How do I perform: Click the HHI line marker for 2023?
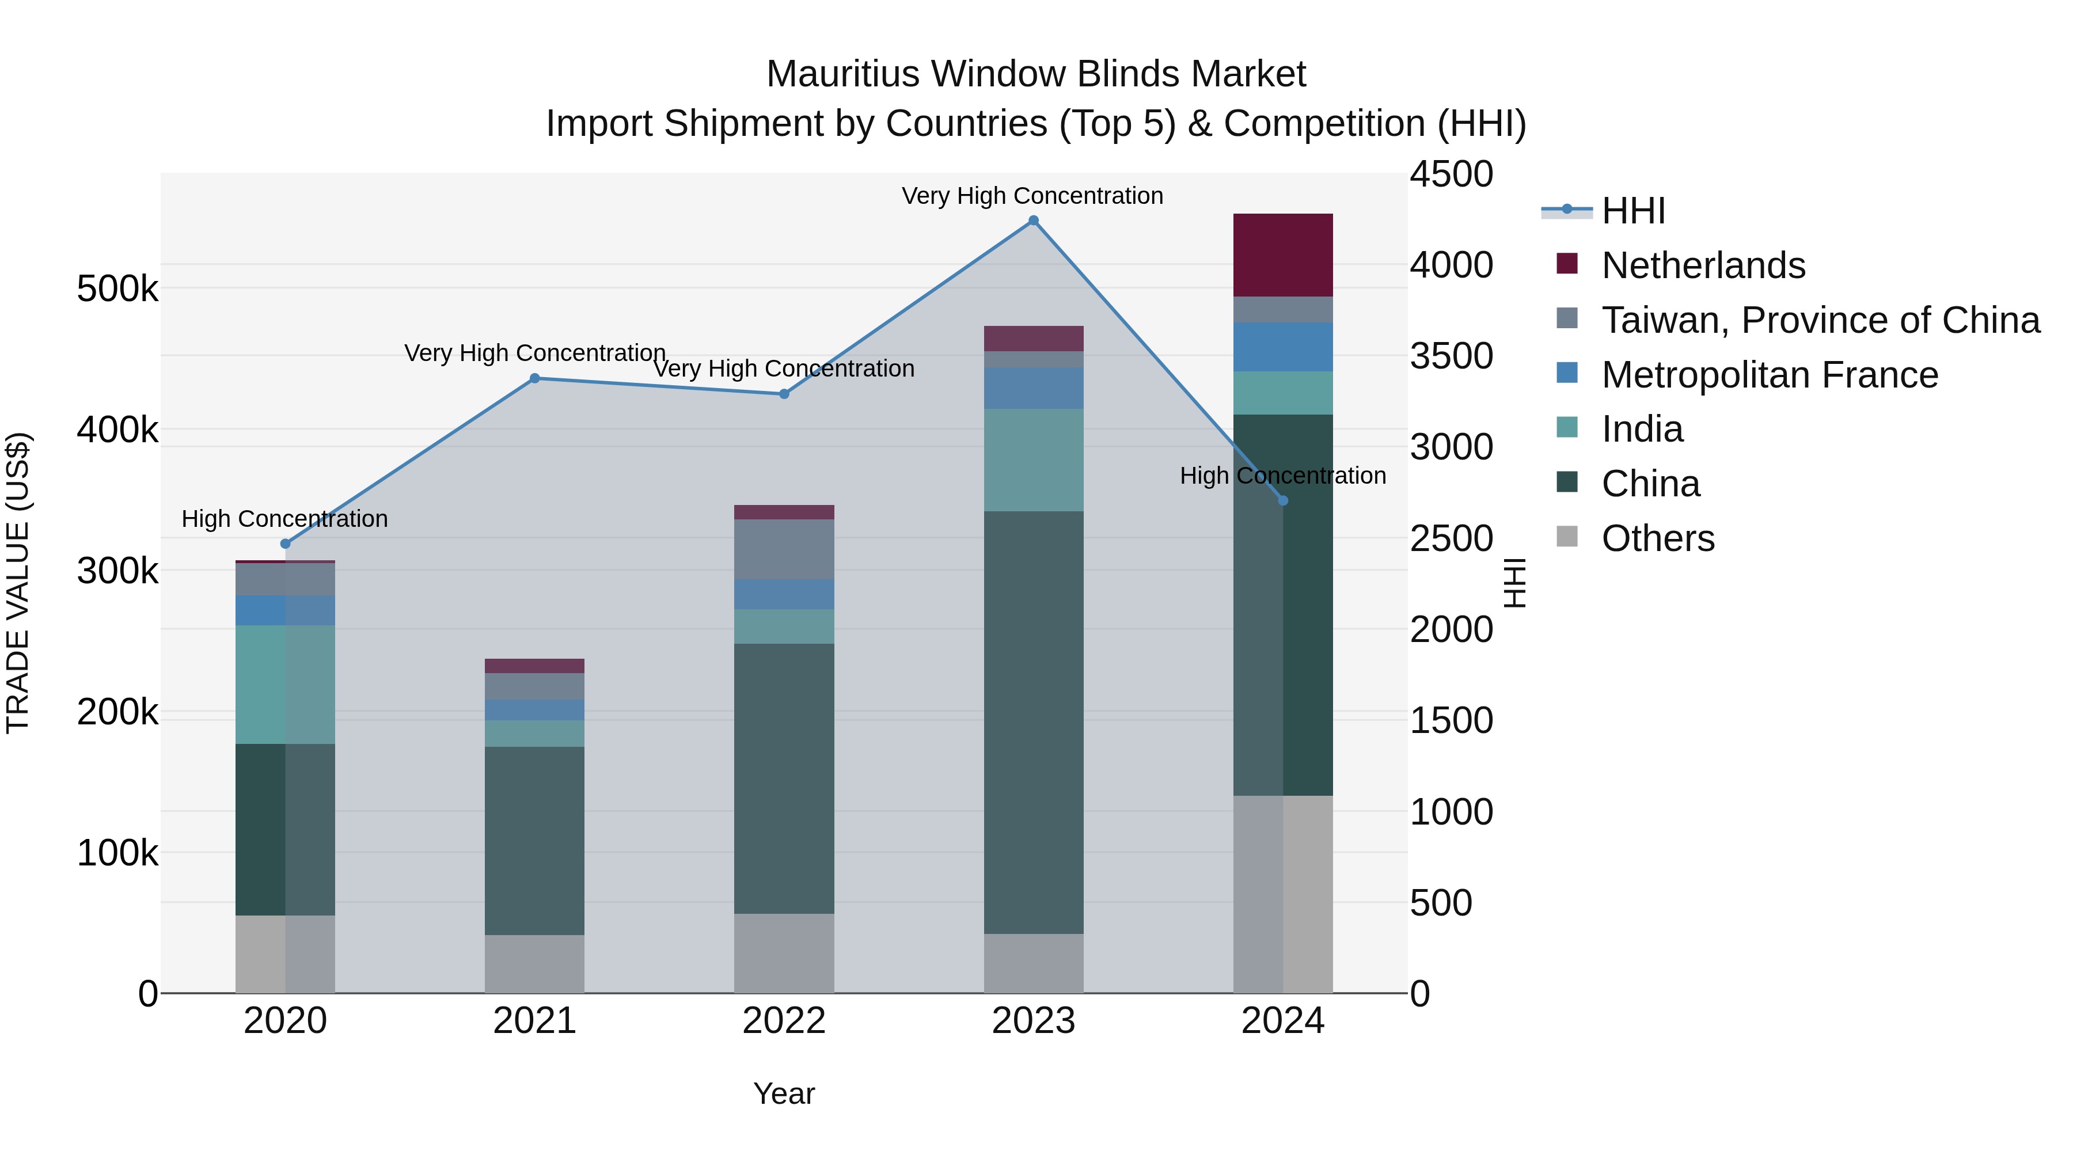[x=1033, y=221]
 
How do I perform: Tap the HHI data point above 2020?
[x=285, y=544]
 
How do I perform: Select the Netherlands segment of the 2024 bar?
[x=1283, y=255]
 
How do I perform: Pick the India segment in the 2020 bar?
[x=285, y=684]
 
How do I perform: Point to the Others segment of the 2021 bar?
[x=534, y=963]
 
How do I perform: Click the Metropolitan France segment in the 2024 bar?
[x=1283, y=347]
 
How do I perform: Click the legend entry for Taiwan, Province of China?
[x=1820, y=320]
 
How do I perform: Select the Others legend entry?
[x=1658, y=538]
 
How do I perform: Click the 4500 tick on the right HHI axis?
[x=1451, y=174]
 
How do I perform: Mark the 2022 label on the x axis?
[x=784, y=1021]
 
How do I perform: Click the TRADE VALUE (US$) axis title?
[x=18, y=583]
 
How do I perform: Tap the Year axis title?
[x=784, y=1093]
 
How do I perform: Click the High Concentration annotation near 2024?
[x=1283, y=476]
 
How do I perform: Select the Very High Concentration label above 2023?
[x=1032, y=196]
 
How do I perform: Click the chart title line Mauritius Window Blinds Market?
[x=1036, y=74]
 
